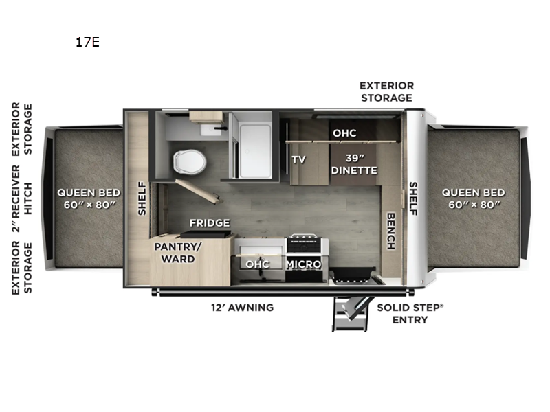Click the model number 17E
(x=88, y=43)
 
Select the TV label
(x=298, y=159)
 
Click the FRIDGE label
(x=210, y=223)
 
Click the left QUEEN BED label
(x=89, y=198)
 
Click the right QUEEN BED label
(x=473, y=198)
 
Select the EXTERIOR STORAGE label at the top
(x=386, y=91)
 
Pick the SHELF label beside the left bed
(x=142, y=198)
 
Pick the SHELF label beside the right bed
(x=414, y=198)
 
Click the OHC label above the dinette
(x=344, y=133)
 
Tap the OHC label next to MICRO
(x=258, y=264)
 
